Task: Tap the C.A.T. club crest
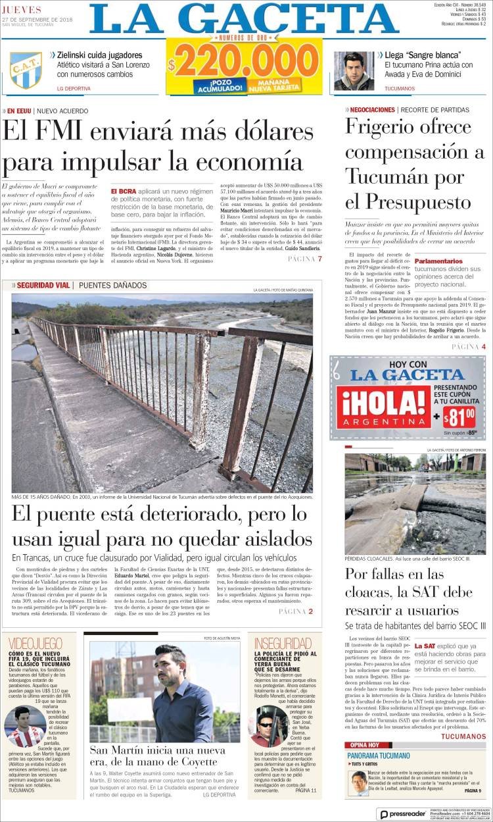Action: point(26,70)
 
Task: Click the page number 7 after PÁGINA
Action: point(320,259)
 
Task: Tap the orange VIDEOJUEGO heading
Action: point(35,643)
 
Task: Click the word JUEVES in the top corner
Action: point(21,10)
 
